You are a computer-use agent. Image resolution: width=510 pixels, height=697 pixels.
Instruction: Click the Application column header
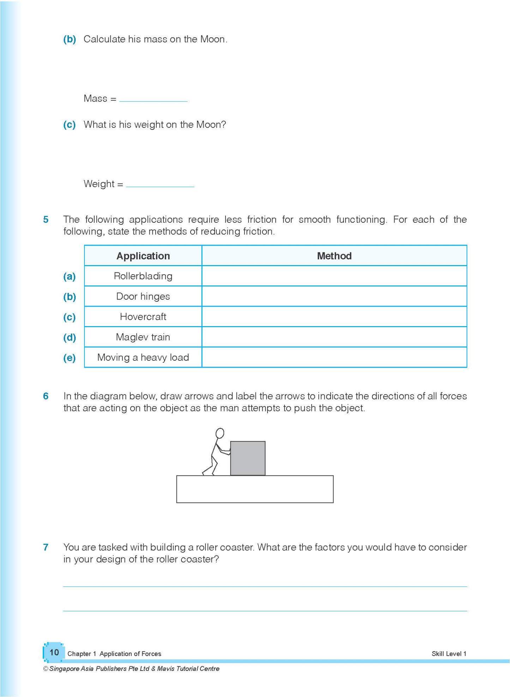143,256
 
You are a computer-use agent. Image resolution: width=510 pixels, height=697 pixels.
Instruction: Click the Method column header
334,256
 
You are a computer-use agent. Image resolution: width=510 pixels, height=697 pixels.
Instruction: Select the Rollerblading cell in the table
143,276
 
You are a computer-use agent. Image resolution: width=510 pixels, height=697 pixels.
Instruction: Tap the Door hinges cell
143,296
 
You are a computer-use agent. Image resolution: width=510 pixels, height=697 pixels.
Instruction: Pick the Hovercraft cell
143,317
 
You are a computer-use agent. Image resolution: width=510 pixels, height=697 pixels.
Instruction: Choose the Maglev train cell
143,337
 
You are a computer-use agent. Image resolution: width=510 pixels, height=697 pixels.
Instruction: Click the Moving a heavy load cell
143,357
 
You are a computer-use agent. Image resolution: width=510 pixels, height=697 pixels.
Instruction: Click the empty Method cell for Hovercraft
334,317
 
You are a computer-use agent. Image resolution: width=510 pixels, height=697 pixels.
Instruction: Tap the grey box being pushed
248,458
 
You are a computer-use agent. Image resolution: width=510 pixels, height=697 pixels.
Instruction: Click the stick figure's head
220,433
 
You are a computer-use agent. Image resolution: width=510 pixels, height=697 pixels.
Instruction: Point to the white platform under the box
254,489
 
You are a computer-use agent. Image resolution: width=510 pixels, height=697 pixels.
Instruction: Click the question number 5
46,220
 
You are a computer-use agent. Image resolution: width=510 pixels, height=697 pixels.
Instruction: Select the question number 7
46,547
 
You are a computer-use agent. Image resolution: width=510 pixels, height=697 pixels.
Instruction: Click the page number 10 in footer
54,652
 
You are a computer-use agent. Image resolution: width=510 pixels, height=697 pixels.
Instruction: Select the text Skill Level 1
449,654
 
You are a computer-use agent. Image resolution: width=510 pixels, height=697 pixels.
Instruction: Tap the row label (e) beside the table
70,358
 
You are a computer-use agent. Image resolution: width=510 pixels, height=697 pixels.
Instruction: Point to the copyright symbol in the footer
46,669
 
